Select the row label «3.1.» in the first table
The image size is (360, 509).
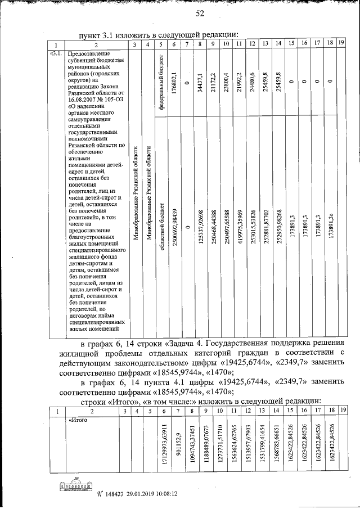point(56,54)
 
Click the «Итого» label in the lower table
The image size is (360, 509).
point(77,420)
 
